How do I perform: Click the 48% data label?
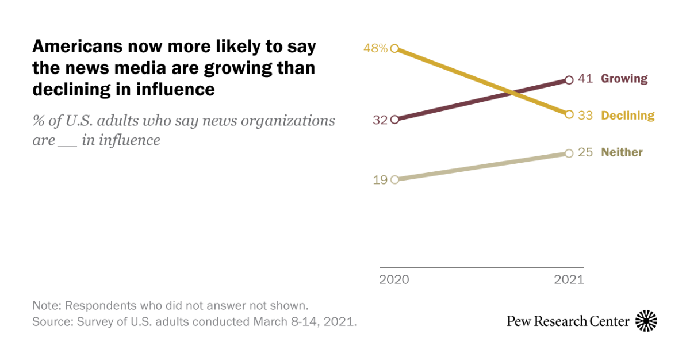pyautogui.click(x=375, y=48)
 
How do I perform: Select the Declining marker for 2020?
pyautogui.click(x=394, y=49)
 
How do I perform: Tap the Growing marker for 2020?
pyautogui.click(x=394, y=120)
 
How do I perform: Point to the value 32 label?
pyautogui.click(x=380, y=120)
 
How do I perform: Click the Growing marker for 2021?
pyautogui.click(x=569, y=80)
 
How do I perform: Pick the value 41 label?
pyautogui.click(x=585, y=79)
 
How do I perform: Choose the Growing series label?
pyautogui.click(x=624, y=79)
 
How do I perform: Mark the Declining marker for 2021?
pyautogui.click(x=569, y=114)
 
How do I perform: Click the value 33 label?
pyautogui.click(x=585, y=116)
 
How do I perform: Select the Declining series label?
pyautogui.click(x=628, y=116)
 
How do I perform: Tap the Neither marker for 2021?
pyautogui.click(x=569, y=153)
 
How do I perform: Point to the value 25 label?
pyautogui.click(x=585, y=152)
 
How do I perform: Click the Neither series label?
pyautogui.click(x=622, y=152)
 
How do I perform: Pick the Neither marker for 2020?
pyautogui.click(x=394, y=179)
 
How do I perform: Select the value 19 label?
pyautogui.click(x=380, y=179)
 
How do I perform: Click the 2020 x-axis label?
pyautogui.click(x=394, y=280)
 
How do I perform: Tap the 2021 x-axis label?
pyautogui.click(x=569, y=280)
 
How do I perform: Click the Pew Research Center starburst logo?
pyautogui.click(x=646, y=321)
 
